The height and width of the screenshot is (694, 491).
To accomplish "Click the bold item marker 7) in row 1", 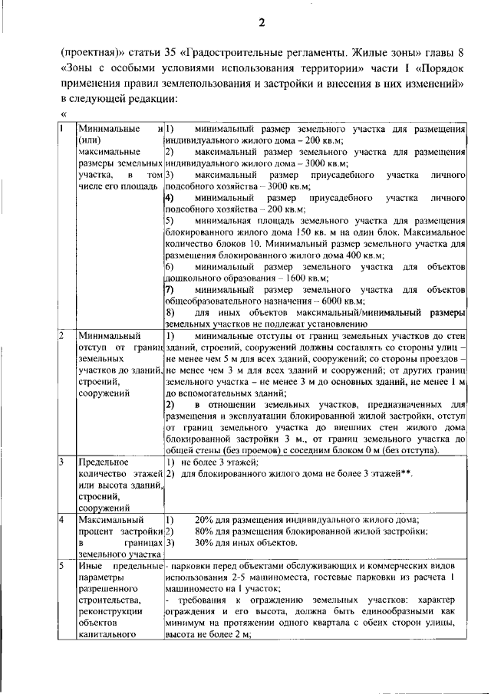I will [x=170, y=290].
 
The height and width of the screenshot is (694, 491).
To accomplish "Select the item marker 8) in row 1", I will [x=170, y=313].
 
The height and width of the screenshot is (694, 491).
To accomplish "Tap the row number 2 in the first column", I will [x=63, y=336].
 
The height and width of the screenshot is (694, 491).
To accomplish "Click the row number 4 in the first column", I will [x=63, y=520].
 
